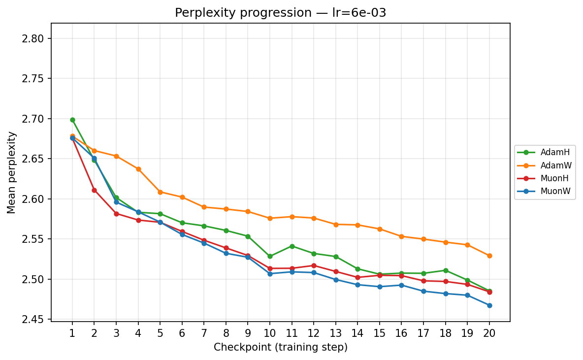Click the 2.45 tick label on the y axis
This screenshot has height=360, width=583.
click(x=33, y=320)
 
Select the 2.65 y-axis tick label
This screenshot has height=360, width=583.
click(x=33, y=159)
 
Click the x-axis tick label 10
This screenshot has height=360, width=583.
click(x=270, y=333)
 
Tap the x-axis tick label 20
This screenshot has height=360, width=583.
click(x=489, y=333)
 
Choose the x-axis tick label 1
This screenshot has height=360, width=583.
click(x=72, y=333)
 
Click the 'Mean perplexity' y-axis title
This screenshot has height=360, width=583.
click(x=12, y=172)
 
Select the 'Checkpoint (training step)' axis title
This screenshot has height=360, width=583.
click(x=281, y=348)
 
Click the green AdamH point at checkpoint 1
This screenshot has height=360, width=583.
click(x=72, y=120)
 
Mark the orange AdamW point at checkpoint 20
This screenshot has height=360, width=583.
click(x=489, y=256)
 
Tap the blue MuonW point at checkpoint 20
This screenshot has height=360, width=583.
click(x=489, y=305)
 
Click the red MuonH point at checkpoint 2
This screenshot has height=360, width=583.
click(x=95, y=190)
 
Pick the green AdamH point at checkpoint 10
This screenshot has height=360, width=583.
click(x=270, y=256)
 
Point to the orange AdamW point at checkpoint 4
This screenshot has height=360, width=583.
click(x=138, y=169)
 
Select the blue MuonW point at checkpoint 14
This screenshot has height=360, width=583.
click(x=358, y=285)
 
